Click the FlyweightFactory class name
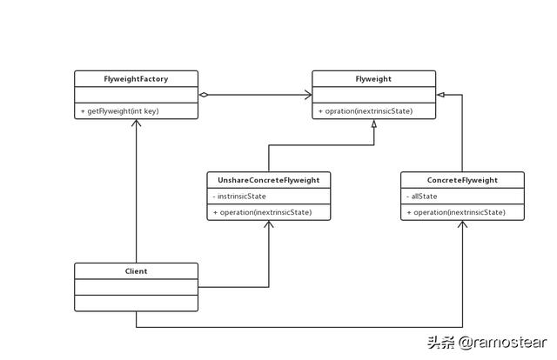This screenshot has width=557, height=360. [x=136, y=79]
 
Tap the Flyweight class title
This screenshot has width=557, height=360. [x=373, y=79]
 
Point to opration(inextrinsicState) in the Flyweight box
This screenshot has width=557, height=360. [x=366, y=111]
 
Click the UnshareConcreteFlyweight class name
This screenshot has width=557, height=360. [x=268, y=180]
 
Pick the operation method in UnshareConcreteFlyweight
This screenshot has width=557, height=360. [x=262, y=212]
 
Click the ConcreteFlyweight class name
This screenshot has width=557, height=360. [x=462, y=180]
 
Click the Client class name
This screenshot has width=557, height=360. [x=136, y=271]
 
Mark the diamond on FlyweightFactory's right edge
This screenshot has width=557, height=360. [x=204, y=95]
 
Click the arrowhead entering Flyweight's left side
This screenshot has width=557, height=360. [x=307, y=95]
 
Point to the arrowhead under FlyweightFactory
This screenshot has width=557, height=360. [x=136, y=123]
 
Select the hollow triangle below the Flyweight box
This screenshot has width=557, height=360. [x=373, y=124]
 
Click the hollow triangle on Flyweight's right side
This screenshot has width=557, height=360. [x=440, y=95]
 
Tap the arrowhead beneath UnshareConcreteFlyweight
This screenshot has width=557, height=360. [x=268, y=225]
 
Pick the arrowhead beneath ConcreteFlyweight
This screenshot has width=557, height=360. [x=462, y=225]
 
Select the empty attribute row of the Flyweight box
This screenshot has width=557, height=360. [x=373, y=95]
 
